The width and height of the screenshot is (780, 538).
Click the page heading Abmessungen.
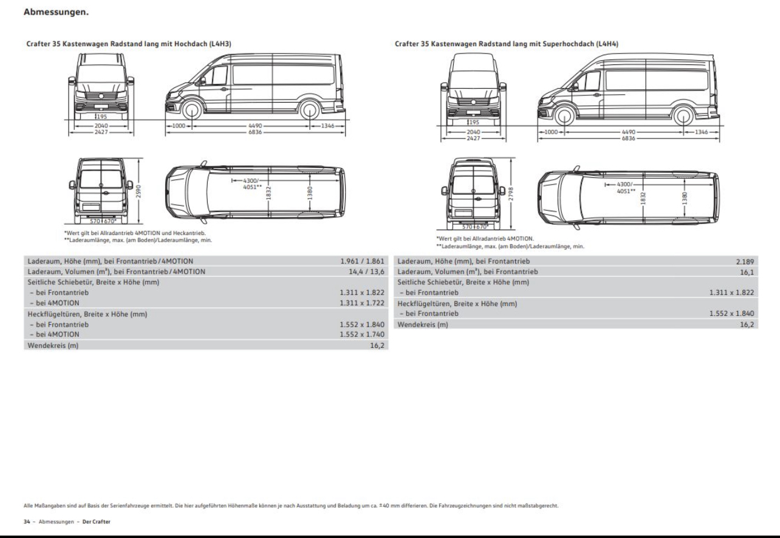coord(56,12)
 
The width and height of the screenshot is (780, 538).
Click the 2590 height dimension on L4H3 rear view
coord(139,191)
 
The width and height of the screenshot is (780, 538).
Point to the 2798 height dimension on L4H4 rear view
coord(511,194)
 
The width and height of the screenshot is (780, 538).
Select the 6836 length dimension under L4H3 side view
coord(255,132)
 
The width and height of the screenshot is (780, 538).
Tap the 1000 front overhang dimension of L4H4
coord(551,132)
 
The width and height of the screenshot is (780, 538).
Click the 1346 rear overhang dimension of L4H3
coord(327,126)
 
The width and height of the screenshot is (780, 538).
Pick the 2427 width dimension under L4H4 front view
coord(473,138)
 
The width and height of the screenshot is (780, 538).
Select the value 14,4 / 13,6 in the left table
coord(366,272)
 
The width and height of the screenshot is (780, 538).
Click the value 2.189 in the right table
coord(745,261)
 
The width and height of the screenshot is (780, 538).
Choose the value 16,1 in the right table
coord(747,272)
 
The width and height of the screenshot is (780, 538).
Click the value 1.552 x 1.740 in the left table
coord(362,335)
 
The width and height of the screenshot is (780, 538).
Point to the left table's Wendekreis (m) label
coord(53,346)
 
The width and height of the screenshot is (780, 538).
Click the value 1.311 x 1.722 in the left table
coord(362,303)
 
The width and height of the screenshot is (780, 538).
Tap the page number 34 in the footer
coord(27,522)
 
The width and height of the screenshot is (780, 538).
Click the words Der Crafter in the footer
coord(96,522)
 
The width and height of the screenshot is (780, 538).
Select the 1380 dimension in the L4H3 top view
coord(310,193)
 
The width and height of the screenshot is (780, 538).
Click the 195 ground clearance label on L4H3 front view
coord(101,117)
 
